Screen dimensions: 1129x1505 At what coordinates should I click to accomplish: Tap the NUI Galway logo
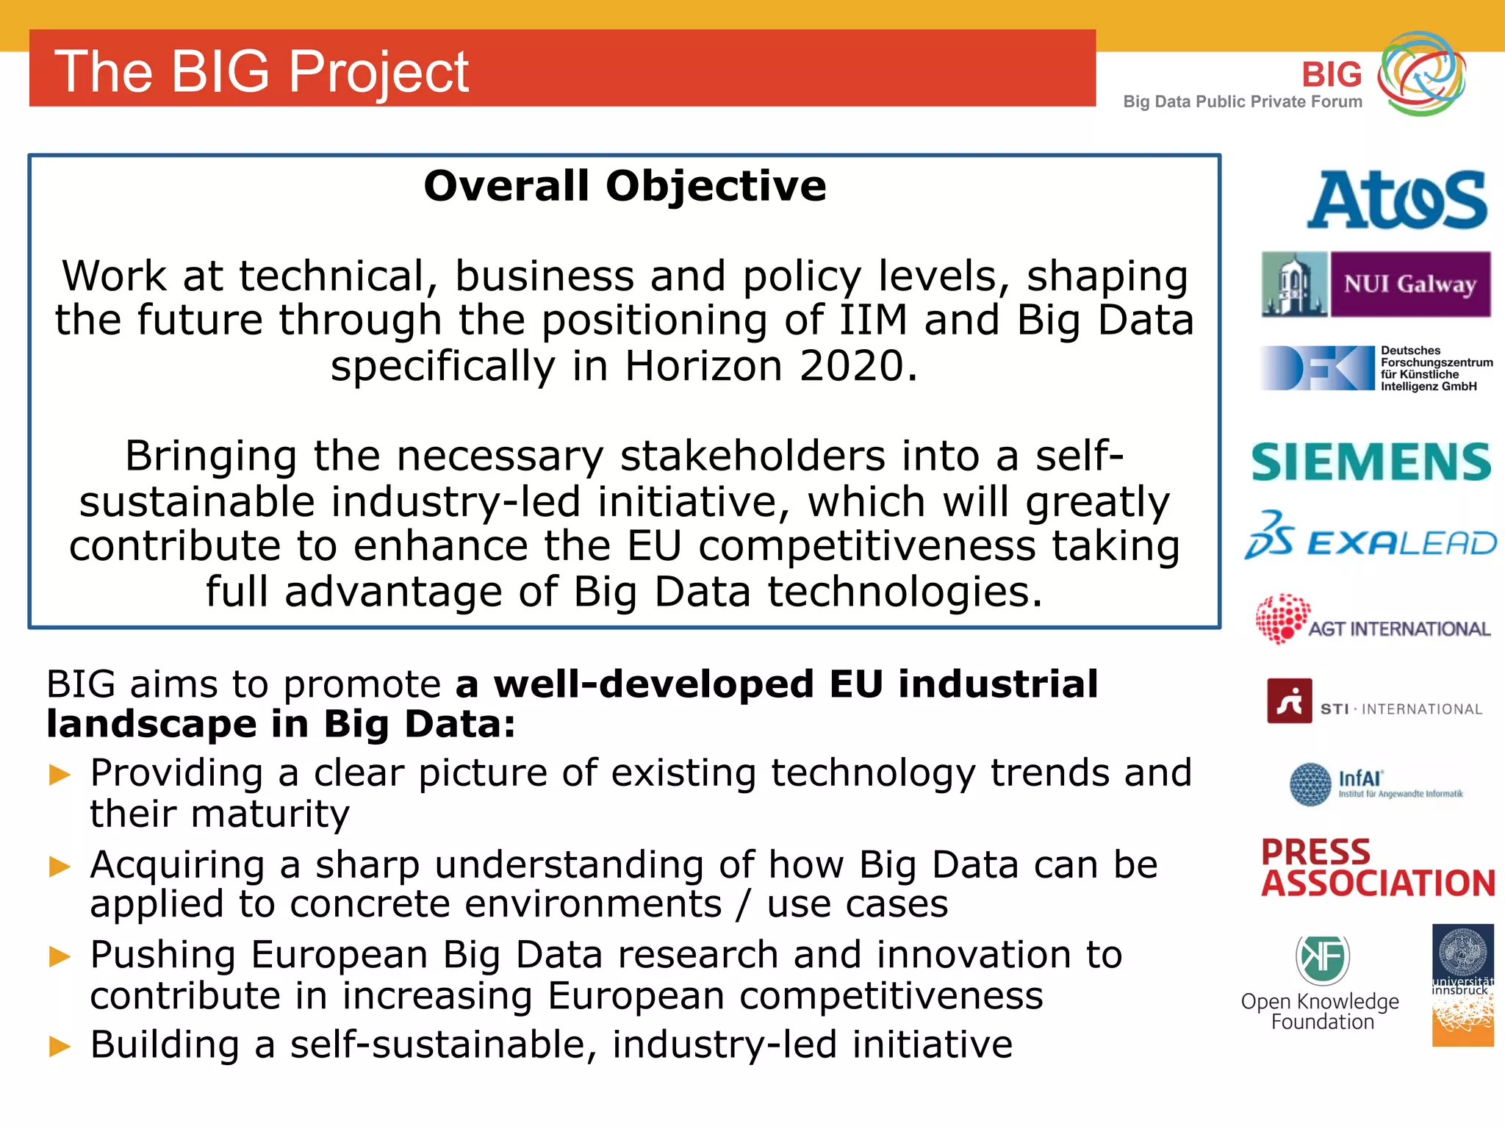click(x=1376, y=284)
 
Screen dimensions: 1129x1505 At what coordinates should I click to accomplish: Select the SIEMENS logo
click(x=1371, y=462)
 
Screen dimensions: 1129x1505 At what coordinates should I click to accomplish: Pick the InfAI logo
click(x=1376, y=784)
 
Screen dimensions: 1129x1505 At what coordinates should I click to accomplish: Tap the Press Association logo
click(x=1377, y=868)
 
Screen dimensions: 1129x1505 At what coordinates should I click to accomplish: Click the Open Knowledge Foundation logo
click(x=1321, y=983)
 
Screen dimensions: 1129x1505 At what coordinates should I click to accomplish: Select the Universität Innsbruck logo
click(x=1462, y=984)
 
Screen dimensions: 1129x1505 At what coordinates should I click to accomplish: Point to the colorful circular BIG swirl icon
click(x=1421, y=74)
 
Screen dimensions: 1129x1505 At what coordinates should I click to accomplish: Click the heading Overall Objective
click(x=625, y=186)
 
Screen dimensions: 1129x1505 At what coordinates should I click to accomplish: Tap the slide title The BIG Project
click(x=262, y=71)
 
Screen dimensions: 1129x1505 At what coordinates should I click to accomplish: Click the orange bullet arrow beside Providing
click(x=60, y=775)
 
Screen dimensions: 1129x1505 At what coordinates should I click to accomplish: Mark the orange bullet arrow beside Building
click(x=60, y=1046)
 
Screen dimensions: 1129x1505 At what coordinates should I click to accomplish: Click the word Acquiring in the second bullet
click(x=177, y=865)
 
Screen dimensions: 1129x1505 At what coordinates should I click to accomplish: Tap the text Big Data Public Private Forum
click(x=1242, y=102)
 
